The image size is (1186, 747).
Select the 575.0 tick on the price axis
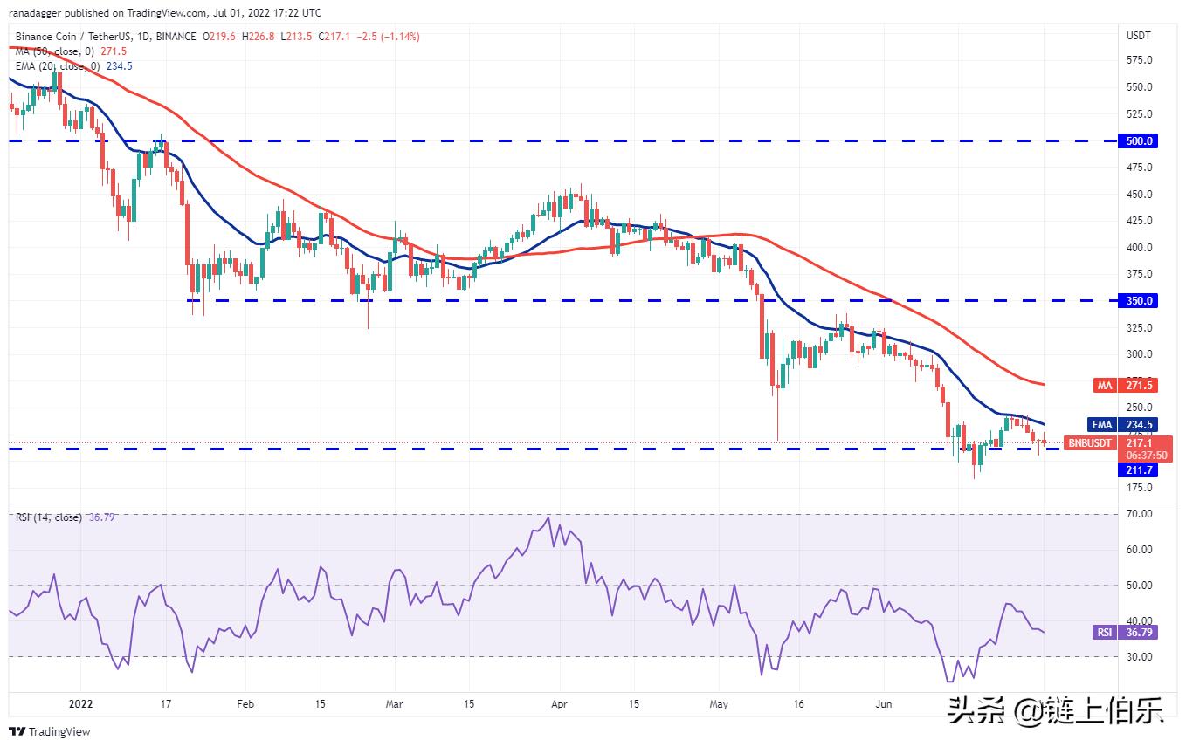[x=1140, y=60]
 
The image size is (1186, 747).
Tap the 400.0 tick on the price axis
[x=1140, y=247]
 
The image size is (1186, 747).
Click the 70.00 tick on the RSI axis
[x=1138, y=514]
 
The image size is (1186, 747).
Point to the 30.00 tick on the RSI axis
[x=1138, y=656]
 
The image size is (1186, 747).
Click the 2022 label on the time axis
[x=80, y=702]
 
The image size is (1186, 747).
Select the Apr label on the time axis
[x=560, y=702]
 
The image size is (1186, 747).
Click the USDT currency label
[x=1139, y=36]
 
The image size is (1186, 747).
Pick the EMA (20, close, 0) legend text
[x=57, y=65]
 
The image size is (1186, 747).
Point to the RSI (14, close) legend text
[x=49, y=517]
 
